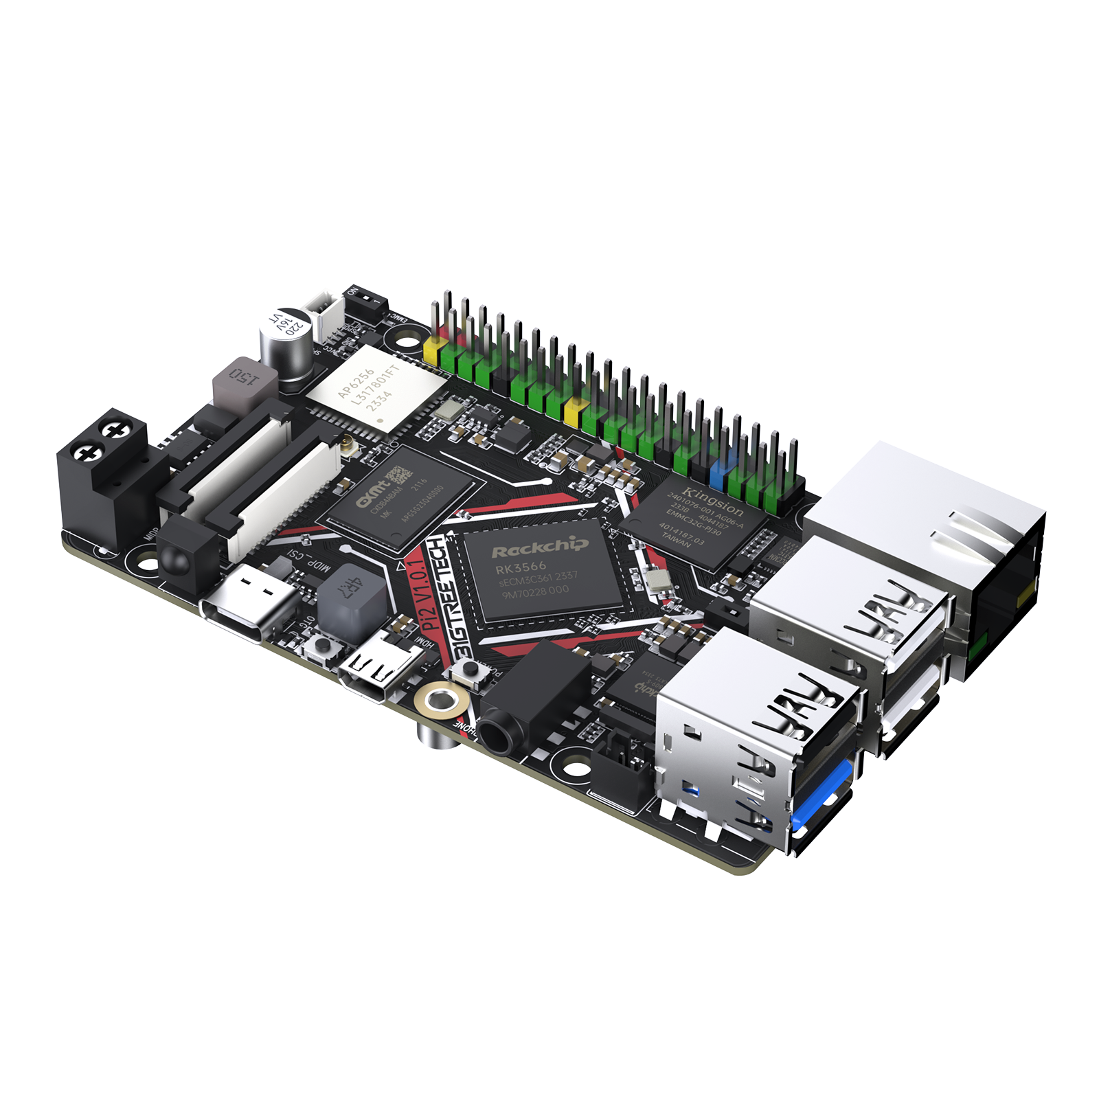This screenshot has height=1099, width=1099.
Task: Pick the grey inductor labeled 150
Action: [x=245, y=382]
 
